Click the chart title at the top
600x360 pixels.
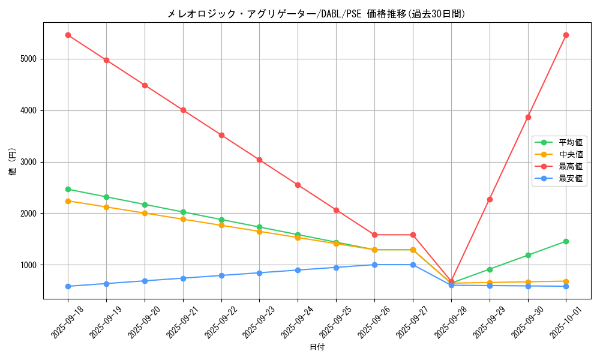(x=316, y=14)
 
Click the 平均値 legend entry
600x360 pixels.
(x=570, y=142)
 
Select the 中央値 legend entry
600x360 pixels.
(x=570, y=154)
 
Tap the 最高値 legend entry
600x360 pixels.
(x=570, y=166)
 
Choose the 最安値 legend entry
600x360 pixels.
(x=570, y=178)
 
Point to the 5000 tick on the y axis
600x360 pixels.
(x=28, y=59)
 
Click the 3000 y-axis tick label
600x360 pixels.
(x=28, y=162)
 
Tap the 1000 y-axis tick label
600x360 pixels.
(x=28, y=265)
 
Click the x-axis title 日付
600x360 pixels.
(x=317, y=347)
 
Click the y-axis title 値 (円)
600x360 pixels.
(x=13, y=162)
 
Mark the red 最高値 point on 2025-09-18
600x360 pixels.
(x=68, y=35)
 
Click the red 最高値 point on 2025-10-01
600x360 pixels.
(x=566, y=35)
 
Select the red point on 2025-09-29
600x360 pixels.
(x=490, y=199)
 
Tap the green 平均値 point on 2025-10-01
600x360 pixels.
(x=566, y=241)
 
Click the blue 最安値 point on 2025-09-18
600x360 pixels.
(x=68, y=286)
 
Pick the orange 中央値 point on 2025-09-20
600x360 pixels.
(x=145, y=213)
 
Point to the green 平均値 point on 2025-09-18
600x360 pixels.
(x=68, y=189)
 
